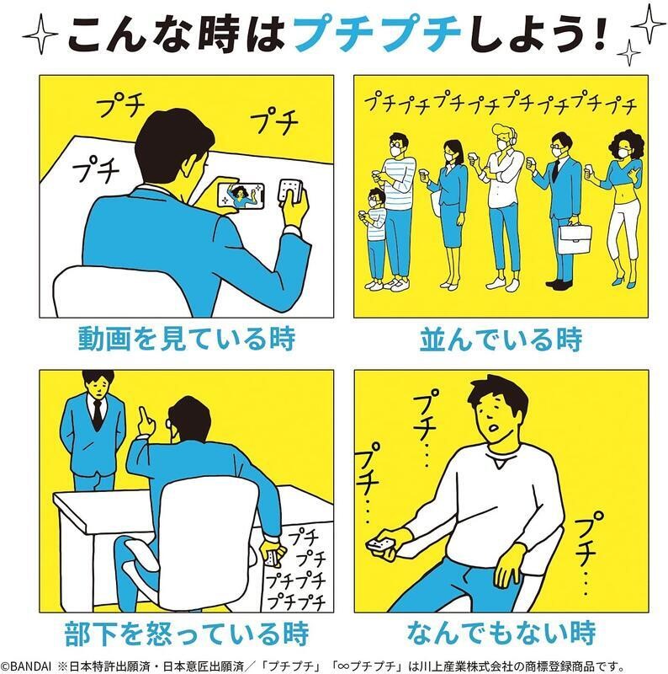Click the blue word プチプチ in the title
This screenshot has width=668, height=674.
377,34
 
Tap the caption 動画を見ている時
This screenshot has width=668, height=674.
187,339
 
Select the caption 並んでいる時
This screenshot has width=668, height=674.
501,340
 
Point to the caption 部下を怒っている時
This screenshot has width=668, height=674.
187,634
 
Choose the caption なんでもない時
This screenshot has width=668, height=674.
501,633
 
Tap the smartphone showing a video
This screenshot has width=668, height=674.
241,196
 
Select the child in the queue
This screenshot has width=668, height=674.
374,239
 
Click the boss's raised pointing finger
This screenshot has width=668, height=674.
146,420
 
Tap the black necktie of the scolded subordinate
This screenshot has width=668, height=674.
98,415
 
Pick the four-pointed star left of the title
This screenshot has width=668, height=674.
40,35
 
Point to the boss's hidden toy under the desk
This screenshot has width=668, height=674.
273,558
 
